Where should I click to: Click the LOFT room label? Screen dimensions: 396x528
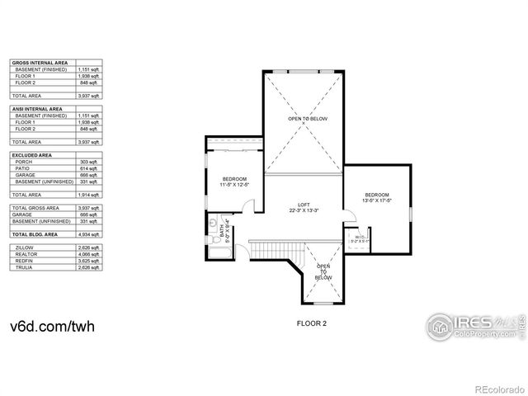[298, 207]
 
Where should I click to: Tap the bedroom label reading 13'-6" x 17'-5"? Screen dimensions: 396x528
[376, 197]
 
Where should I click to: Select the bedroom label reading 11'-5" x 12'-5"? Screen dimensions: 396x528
[235, 181]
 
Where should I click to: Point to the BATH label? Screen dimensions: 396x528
[224, 233]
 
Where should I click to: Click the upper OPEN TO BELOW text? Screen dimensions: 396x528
[308, 120]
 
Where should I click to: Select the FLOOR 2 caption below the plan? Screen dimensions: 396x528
[312, 323]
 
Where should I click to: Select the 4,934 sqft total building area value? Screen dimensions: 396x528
[95, 235]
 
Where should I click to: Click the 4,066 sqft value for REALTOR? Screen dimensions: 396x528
[95, 253]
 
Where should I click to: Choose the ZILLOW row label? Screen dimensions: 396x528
[25, 247]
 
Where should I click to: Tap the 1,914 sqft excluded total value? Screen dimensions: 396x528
[95, 195]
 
